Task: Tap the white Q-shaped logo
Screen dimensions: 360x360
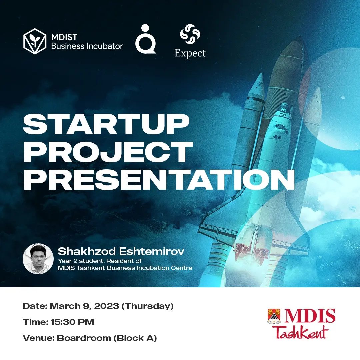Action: (146, 39)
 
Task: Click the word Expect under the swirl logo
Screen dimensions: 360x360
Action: (190, 53)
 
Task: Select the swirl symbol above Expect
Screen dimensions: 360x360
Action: (190, 34)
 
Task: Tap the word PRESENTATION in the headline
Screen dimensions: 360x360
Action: (159, 179)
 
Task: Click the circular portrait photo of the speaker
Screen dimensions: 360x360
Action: (38, 259)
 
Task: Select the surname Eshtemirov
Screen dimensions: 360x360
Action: (152, 251)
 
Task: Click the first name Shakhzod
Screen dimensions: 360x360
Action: (87, 251)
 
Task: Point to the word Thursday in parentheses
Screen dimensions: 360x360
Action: (147, 307)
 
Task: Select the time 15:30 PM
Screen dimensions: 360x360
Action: (72, 322)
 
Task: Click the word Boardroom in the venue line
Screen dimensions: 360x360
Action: (84, 338)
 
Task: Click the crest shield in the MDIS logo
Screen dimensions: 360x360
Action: (274, 316)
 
